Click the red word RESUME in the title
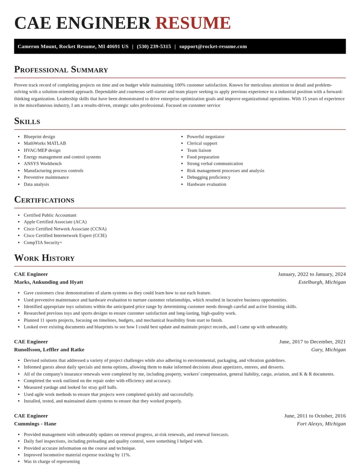pos(193,23)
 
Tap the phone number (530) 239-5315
pos(154,46)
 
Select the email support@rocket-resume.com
pos(213,46)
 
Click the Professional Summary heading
pos(61,69)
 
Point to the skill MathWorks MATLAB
pos(45,143)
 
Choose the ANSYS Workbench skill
pos(42,163)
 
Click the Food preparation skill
pos(203,157)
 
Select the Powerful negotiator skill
pos(206,136)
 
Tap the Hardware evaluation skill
pos(207,184)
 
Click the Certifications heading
pos(44,199)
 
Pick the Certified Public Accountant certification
pos(50,215)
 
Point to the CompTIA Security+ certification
pos(43,242)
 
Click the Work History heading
pos(44,258)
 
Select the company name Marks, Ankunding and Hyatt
pos(49,282)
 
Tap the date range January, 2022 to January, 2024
pos(312,274)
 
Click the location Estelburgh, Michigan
pos(322,282)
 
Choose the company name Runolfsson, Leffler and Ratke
pos(49,349)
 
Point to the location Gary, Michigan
pos(328,349)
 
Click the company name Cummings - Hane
pos(35,424)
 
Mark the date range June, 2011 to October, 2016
pos(315,416)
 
